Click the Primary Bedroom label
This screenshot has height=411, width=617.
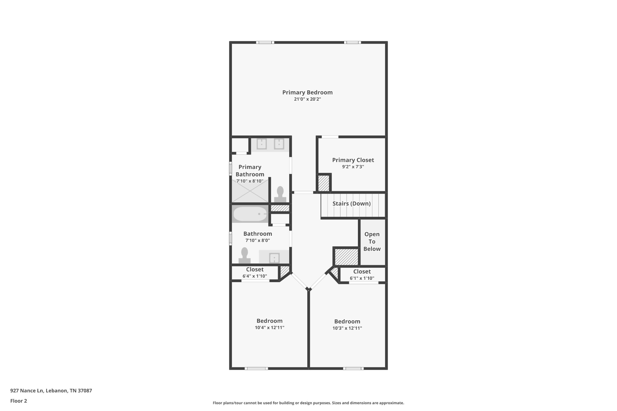tap(307, 92)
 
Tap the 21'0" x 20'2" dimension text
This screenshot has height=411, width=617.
tap(307, 99)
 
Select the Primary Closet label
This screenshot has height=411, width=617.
tap(353, 160)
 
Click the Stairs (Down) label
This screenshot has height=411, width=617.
tap(351, 204)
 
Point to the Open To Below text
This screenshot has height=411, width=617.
tap(372, 241)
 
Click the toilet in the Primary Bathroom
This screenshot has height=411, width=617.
tap(280, 194)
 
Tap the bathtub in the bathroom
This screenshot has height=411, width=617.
tap(250, 214)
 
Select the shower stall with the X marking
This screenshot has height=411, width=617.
tap(250, 191)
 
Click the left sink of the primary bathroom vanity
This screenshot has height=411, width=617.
tap(262, 144)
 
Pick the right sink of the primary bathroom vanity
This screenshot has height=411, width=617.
tap(279, 144)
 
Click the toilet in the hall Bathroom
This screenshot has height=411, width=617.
tap(244, 255)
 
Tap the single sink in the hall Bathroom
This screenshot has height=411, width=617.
tap(274, 258)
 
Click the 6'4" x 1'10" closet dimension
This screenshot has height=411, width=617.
tap(255, 276)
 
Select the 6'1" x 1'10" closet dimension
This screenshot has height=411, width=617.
tap(362, 278)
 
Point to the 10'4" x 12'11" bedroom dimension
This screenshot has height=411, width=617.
tap(269, 328)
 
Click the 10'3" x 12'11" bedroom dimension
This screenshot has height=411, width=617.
tap(347, 328)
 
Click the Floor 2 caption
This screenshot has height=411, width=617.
tap(19, 401)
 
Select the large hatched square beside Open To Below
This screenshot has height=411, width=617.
tap(346, 257)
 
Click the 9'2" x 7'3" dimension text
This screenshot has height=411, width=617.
tap(353, 167)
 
